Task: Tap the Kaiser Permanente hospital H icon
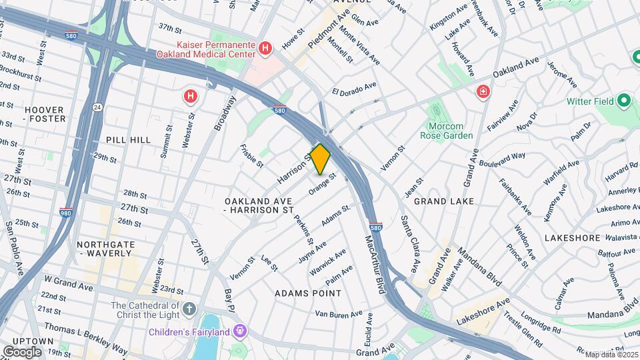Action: [265, 48]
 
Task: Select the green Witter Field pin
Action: [624, 101]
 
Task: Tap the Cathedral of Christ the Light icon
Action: [189, 309]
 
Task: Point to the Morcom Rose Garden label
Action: [446, 130]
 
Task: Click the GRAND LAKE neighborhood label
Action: [443, 201]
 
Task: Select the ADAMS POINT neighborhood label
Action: [308, 293]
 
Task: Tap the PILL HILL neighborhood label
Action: [128, 140]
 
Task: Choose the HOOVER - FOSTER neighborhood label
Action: [45, 114]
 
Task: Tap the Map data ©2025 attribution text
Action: [607, 355]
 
